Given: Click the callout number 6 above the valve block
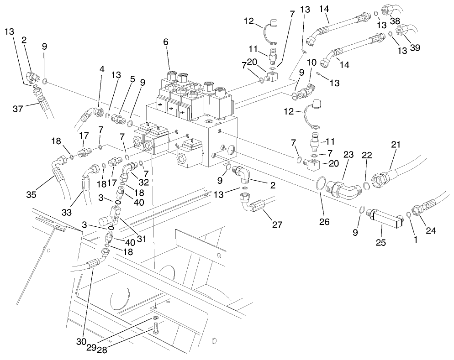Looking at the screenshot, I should pyautogui.click(x=166, y=42).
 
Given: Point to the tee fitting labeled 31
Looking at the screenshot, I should pyautogui.click(x=116, y=214).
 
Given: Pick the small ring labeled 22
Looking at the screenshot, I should pyautogui.click(x=366, y=186).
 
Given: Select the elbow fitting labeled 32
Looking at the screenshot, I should pyautogui.click(x=128, y=174).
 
